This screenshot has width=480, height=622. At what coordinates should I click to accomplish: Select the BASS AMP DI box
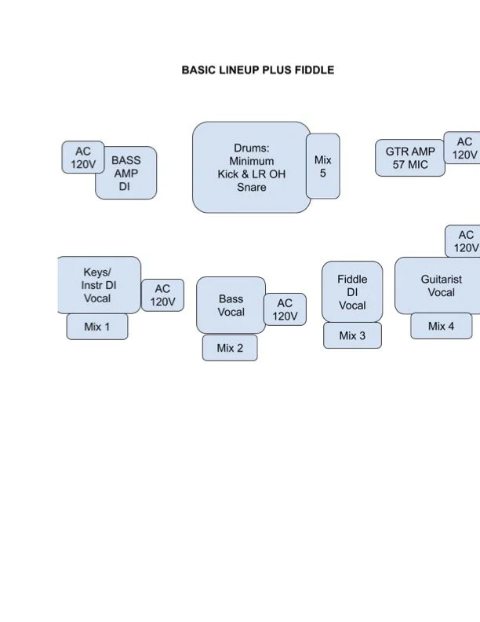click(126, 173)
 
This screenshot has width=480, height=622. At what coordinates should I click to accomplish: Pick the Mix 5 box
click(323, 166)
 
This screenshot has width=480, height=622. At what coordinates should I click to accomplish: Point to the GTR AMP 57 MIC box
click(410, 157)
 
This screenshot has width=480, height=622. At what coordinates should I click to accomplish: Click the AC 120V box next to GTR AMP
click(464, 148)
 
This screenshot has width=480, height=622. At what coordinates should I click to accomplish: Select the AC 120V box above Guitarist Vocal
click(464, 241)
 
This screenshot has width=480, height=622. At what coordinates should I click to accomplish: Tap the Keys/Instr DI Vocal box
click(98, 284)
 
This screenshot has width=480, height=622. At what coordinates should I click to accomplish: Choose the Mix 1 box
click(97, 326)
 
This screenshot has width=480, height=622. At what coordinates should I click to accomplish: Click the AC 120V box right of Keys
click(162, 295)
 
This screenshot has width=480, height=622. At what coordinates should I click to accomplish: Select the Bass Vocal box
click(231, 305)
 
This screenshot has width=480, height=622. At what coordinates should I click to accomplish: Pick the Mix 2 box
click(230, 348)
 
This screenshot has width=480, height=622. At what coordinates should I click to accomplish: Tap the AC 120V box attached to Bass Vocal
click(285, 309)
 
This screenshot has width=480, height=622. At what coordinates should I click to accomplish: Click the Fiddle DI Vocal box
click(352, 291)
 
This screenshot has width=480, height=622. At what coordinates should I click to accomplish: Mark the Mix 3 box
click(352, 335)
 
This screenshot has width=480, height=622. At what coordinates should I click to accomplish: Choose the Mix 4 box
click(441, 326)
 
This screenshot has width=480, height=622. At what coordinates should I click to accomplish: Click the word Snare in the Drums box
click(252, 187)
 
